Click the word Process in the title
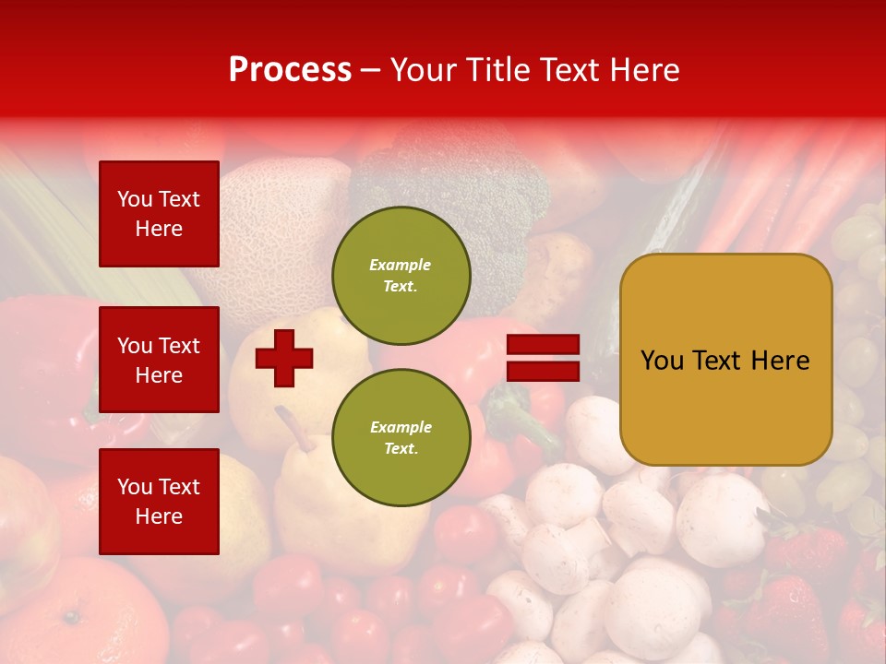(290, 70)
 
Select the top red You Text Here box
(159, 214)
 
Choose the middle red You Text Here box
(159, 360)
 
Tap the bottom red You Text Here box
(159, 502)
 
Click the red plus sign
(284, 358)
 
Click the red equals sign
(544, 358)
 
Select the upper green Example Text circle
(401, 276)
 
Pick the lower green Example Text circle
(401, 438)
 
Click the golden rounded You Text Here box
(725, 360)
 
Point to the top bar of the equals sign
(544, 345)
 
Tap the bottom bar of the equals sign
(544, 372)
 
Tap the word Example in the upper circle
(401, 265)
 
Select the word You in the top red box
(134, 199)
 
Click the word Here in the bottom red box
(159, 516)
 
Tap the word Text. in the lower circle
(401, 449)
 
